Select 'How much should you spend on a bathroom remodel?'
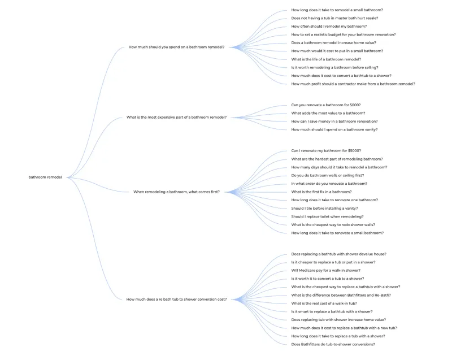tap(176, 47)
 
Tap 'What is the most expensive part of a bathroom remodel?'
tap(176, 118)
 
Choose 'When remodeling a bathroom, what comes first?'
tap(176, 192)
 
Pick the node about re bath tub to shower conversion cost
tap(176, 300)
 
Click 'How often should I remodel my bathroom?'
tap(329, 27)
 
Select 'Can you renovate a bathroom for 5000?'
tap(325, 105)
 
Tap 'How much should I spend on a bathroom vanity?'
tap(334, 129)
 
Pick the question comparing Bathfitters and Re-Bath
tap(341, 295)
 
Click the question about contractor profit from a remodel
tap(353, 84)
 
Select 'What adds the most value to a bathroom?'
tap(328, 113)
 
